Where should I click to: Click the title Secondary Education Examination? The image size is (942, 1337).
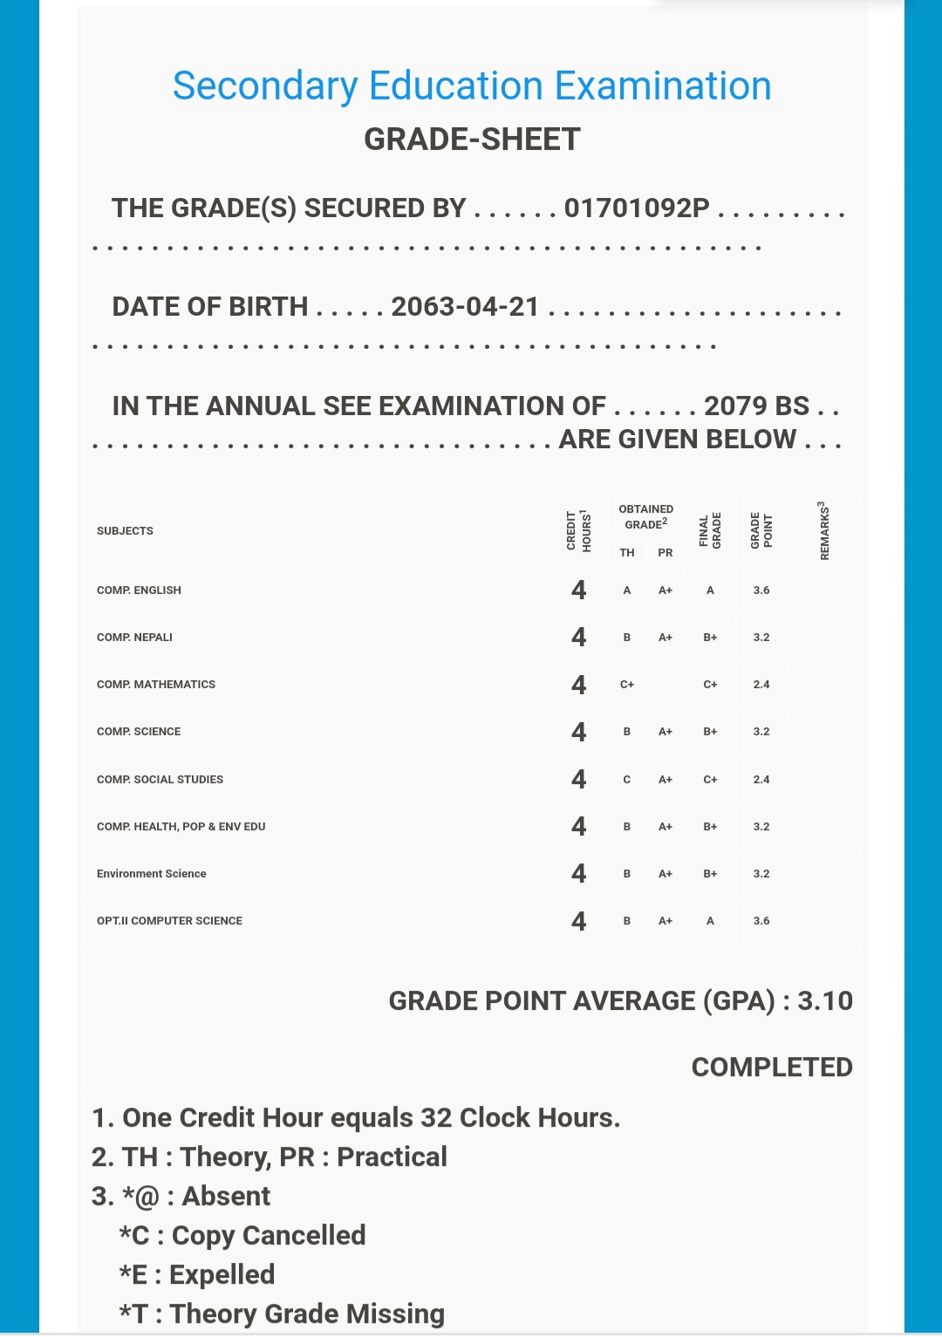(x=472, y=86)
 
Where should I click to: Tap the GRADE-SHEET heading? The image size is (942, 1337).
(x=472, y=140)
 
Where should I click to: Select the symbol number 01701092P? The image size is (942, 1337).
(x=637, y=208)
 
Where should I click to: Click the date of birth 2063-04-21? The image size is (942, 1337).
(x=465, y=307)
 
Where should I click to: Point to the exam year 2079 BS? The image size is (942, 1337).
(x=756, y=406)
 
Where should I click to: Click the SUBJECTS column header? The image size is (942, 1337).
(x=125, y=531)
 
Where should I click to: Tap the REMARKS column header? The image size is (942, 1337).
(x=824, y=530)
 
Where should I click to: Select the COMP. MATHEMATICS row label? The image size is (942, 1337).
(x=156, y=685)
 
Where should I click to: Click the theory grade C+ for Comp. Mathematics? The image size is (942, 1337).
(x=627, y=685)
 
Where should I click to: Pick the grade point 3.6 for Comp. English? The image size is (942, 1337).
(x=761, y=590)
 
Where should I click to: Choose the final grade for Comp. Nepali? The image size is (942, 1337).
(x=710, y=638)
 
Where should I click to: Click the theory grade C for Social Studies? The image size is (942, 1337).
(x=627, y=780)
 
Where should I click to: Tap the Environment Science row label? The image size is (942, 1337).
(x=152, y=874)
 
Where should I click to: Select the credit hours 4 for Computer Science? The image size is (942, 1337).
(x=578, y=921)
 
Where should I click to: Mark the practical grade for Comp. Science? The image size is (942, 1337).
(x=666, y=732)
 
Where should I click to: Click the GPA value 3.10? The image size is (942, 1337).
(x=825, y=1001)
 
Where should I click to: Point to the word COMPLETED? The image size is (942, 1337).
(x=772, y=1068)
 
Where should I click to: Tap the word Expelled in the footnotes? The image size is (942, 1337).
(x=222, y=1275)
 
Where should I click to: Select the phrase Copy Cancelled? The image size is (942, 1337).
(x=269, y=1236)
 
